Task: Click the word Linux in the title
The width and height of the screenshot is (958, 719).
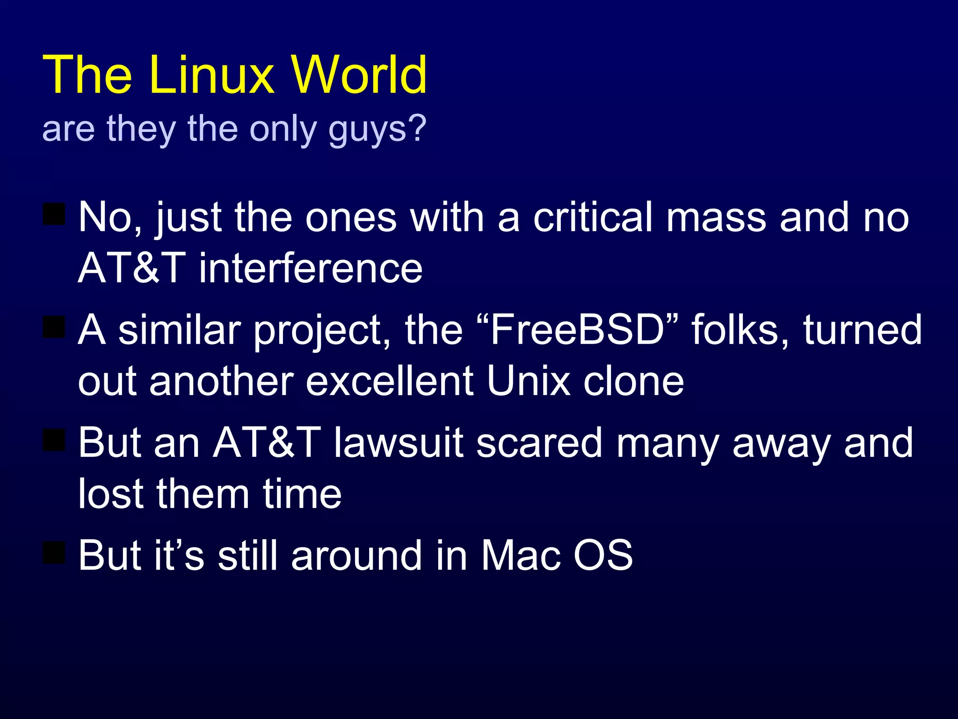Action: [x=212, y=75]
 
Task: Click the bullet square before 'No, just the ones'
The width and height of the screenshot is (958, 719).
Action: [x=54, y=214]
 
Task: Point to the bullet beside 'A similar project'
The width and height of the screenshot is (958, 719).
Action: [x=54, y=327]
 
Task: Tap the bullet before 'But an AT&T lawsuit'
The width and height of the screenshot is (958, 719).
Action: [x=54, y=440]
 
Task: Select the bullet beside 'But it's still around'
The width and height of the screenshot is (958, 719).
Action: [x=54, y=552]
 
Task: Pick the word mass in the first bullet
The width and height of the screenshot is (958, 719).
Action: [x=716, y=218]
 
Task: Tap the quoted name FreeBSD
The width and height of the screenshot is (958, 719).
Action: [x=578, y=330]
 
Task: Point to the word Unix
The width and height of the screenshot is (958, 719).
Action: [x=528, y=381]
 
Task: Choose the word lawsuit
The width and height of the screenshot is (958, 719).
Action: [x=398, y=443]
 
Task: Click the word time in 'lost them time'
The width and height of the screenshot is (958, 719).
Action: [x=302, y=494]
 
